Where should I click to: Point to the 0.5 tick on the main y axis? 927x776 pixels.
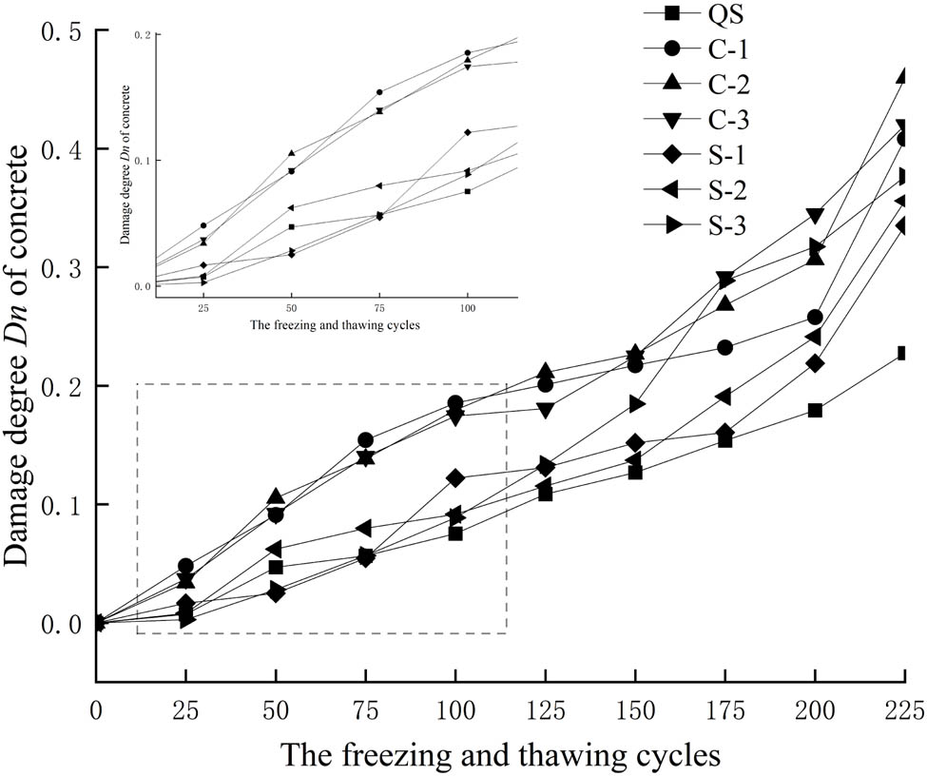(x=64, y=31)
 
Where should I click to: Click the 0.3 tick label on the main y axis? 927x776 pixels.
(x=64, y=268)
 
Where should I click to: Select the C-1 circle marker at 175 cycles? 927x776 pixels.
(x=724, y=347)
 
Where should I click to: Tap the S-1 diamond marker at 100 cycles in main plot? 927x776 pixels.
(x=455, y=477)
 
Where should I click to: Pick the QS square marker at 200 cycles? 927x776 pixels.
(x=815, y=410)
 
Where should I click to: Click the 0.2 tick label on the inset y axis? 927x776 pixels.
(x=144, y=34)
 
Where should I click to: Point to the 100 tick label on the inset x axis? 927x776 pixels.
(x=467, y=309)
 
